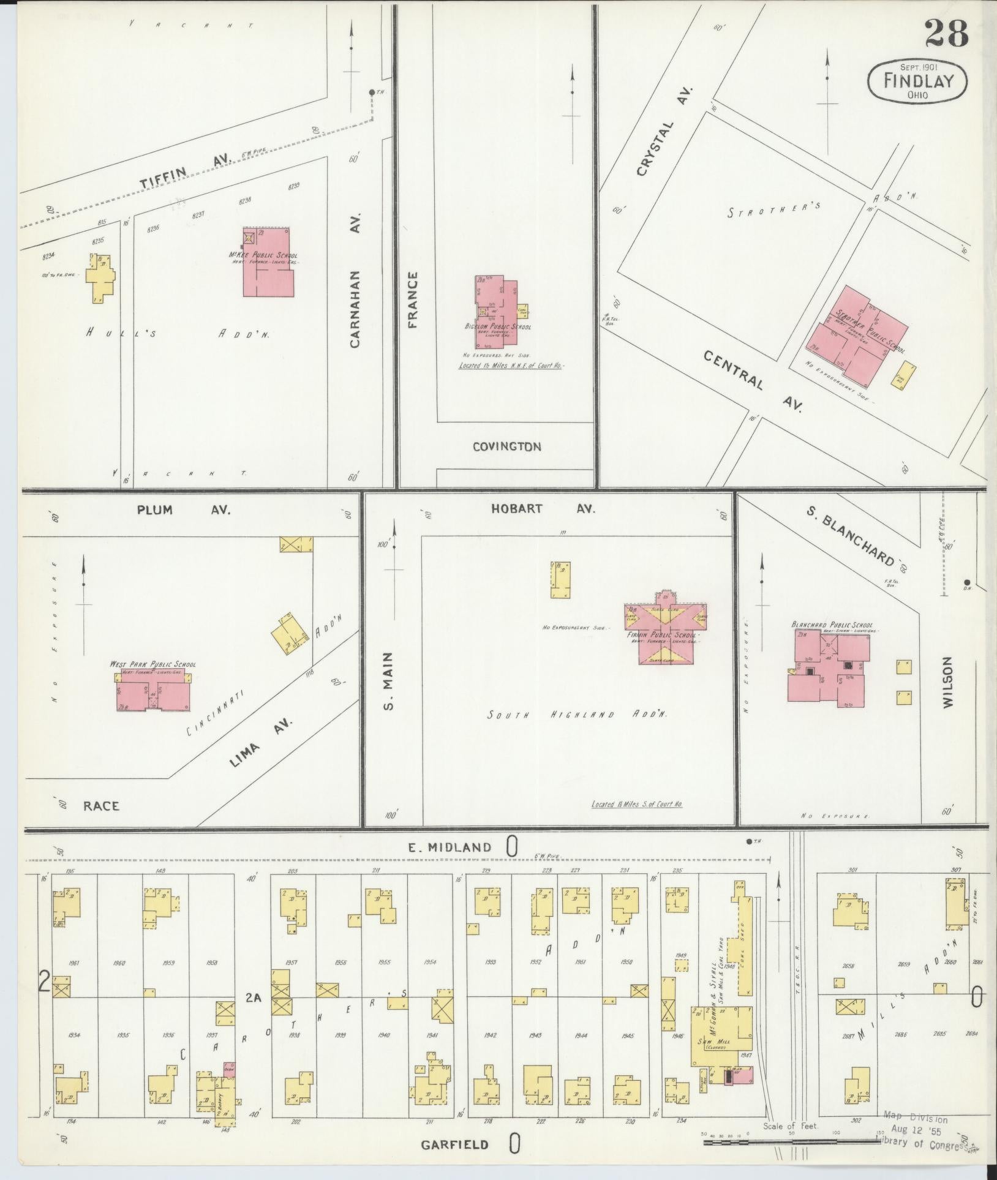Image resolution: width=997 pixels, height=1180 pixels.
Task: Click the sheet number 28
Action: pyautogui.click(x=946, y=34)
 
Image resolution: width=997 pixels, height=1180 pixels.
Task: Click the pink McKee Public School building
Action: pyautogui.click(x=269, y=263)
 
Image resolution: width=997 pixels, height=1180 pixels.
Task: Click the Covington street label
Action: pyautogui.click(x=506, y=447)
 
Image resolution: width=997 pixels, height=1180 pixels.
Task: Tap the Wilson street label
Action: pyautogui.click(x=948, y=683)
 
